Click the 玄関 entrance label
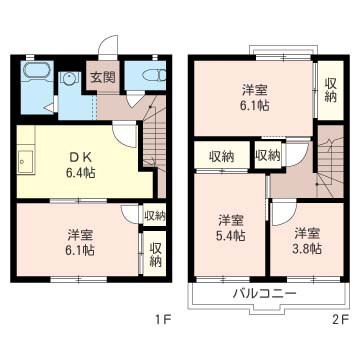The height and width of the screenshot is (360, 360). (x=103, y=77)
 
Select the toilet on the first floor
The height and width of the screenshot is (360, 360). (x=154, y=76)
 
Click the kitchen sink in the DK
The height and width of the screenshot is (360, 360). (x=26, y=162)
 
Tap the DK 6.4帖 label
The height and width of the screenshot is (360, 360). (x=81, y=165)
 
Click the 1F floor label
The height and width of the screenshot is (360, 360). (x=163, y=321)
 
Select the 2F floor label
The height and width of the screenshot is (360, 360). (x=340, y=321)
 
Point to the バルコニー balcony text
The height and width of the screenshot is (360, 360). (x=264, y=294)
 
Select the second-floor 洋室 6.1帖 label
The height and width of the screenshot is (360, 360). (x=255, y=97)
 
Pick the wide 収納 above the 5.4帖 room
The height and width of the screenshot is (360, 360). (x=222, y=156)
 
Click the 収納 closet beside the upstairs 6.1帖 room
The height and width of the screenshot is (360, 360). (x=331, y=90)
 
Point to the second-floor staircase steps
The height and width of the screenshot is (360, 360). (x=330, y=161)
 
